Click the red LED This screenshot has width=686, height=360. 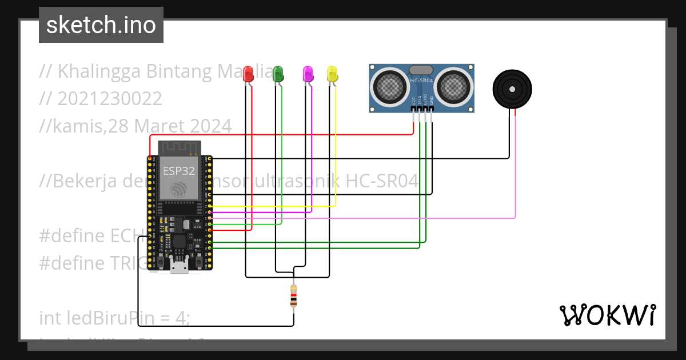pos(248,73)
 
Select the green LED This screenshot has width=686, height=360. pos(278,73)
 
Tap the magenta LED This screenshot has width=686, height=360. pos(308,73)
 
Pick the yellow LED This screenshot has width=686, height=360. pos(332,73)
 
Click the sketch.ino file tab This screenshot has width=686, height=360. pos(101,25)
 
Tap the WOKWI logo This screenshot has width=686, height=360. pos(607,315)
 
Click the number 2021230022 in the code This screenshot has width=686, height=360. pos(109,98)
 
